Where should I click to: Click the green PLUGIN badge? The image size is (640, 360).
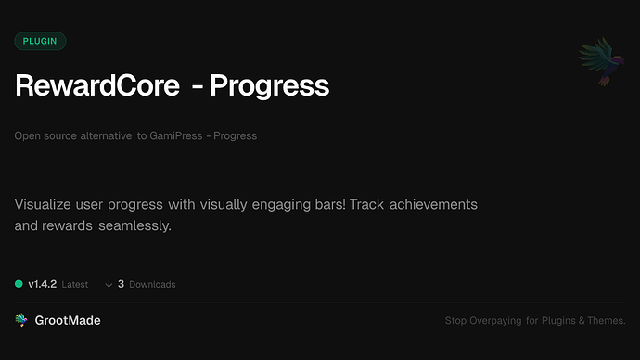(40, 41)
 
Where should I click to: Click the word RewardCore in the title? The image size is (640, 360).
(96, 86)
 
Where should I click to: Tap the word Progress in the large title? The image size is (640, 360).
(270, 86)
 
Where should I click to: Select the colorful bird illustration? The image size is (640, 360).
(598, 61)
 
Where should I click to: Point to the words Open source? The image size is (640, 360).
(41, 135)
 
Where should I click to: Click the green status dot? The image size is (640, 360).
(19, 283)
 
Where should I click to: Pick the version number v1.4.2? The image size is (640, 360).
(42, 284)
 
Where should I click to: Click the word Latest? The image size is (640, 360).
(75, 284)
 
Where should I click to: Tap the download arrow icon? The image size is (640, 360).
(109, 284)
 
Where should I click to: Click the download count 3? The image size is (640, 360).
(121, 284)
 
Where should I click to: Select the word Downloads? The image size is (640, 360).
(152, 284)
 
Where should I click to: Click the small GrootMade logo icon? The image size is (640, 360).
(21, 320)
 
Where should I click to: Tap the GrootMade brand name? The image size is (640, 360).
(68, 320)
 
